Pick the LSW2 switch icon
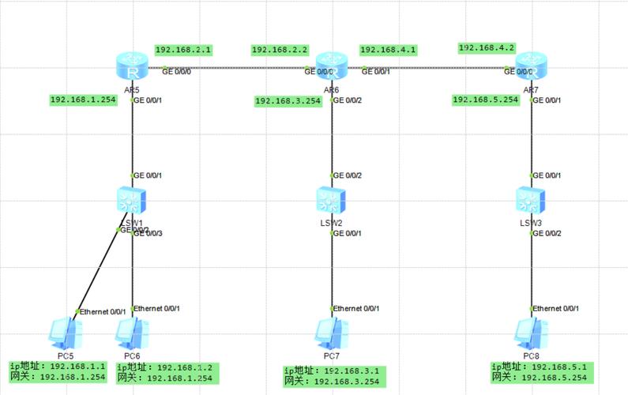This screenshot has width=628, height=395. click(332, 201)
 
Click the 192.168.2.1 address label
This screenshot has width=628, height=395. click(183, 49)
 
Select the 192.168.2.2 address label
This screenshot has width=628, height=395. click(280, 50)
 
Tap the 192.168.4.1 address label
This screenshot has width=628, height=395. click(388, 50)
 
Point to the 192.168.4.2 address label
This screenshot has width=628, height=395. click(487, 47)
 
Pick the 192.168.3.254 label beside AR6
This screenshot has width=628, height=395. click(288, 100)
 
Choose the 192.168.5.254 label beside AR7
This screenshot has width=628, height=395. click(485, 100)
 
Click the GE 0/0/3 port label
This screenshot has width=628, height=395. click(148, 233)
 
